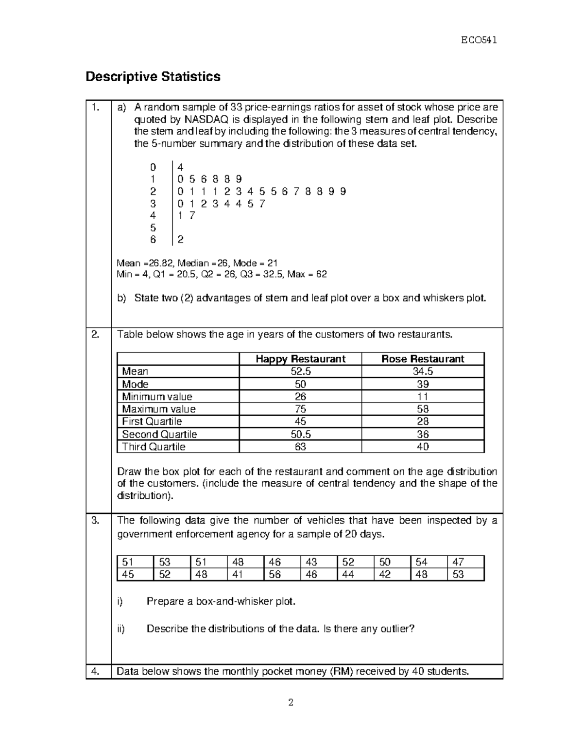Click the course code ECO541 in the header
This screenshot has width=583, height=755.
point(479,40)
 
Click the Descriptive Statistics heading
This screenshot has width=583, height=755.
point(153,77)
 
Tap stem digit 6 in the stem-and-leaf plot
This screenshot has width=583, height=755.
point(153,240)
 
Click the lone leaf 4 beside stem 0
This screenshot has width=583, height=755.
point(181,167)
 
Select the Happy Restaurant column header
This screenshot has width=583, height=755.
point(300,359)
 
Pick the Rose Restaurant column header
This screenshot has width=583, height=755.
point(423,359)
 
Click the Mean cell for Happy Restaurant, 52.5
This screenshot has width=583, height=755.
point(300,372)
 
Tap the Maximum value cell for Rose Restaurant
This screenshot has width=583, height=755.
point(423,409)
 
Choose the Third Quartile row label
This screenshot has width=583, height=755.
point(154,447)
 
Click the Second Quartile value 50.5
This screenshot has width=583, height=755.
point(300,435)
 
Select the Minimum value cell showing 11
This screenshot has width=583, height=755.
point(423,397)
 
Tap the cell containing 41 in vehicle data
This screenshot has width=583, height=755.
point(238,575)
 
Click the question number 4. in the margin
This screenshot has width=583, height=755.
point(95,672)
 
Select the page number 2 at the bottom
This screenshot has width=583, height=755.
point(291,702)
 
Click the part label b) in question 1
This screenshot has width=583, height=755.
point(121,298)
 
